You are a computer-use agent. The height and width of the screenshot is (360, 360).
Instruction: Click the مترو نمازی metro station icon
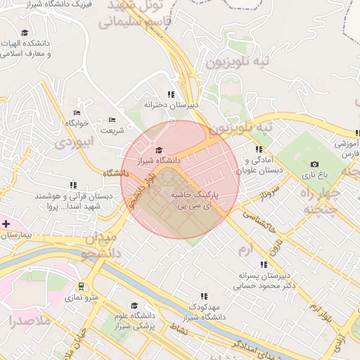click(82, 286)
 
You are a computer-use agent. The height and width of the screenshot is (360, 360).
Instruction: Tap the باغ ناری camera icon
click(314, 164)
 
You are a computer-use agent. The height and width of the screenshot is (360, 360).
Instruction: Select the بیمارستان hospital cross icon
click(6, 224)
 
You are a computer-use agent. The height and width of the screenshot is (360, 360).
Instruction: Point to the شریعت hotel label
click(112, 130)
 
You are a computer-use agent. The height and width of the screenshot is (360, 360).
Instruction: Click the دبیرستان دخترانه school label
click(171, 104)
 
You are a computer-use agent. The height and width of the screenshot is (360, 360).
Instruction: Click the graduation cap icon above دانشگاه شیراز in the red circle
click(158, 150)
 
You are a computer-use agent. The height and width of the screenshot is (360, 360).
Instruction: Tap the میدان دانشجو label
click(100, 244)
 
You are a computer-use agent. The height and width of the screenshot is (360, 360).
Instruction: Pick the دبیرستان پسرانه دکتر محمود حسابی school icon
click(264, 265)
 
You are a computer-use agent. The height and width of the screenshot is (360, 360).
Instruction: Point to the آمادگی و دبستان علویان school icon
click(259, 149)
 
